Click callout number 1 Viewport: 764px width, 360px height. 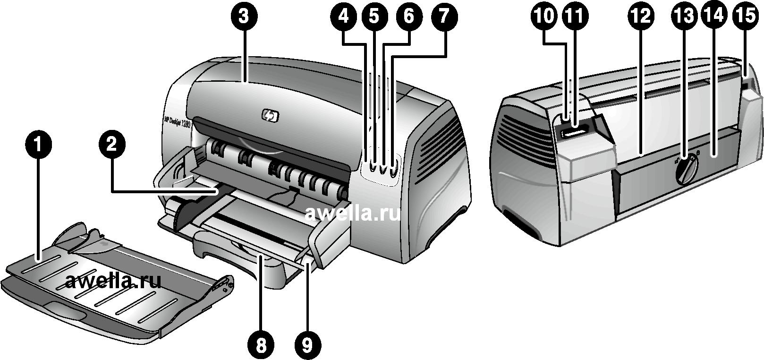pos(39,145)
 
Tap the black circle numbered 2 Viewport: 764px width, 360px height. pos(111,145)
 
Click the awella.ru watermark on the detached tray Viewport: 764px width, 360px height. pos(113,282)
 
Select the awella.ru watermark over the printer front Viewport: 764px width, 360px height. pos(352,214)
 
